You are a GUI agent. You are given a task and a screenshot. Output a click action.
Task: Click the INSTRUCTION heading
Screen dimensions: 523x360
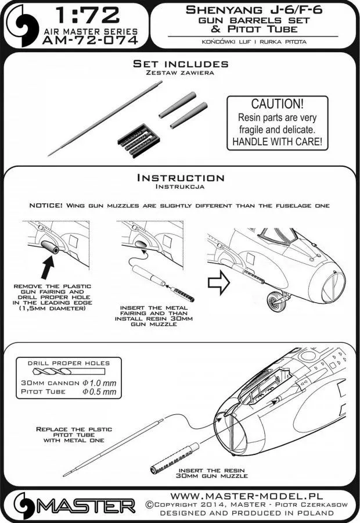(x=179, y=178)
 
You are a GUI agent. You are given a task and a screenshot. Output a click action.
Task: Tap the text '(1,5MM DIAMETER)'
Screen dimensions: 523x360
(x=56, y=309)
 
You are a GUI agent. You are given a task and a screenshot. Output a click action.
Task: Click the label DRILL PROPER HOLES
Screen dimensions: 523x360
(x=69, y=363)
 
